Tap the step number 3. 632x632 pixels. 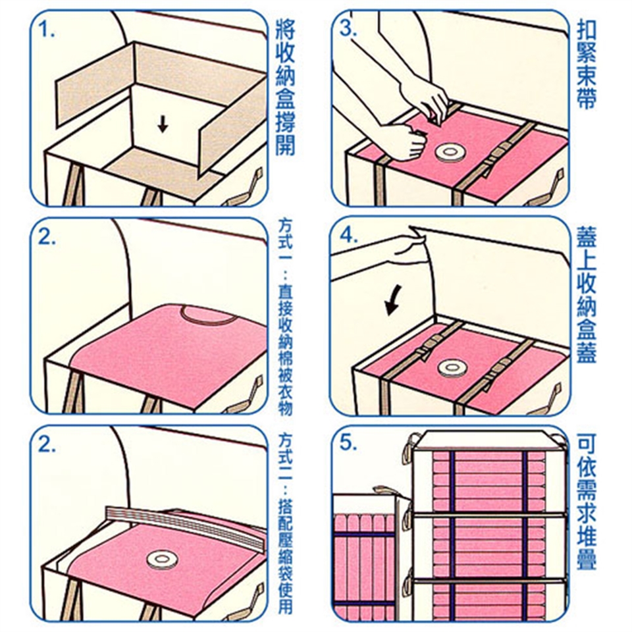[x=348, y=28]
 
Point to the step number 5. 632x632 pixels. [x=348, y=443]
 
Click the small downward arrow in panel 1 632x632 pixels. [x=163, y=123]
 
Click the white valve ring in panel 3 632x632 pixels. [x=449, y=153]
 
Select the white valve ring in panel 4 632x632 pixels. [x=452, y=368]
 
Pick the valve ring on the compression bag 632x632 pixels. [x=161, y=560]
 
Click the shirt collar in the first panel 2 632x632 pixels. [x=209, y=315]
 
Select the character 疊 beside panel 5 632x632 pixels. [x=587, y=558]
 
